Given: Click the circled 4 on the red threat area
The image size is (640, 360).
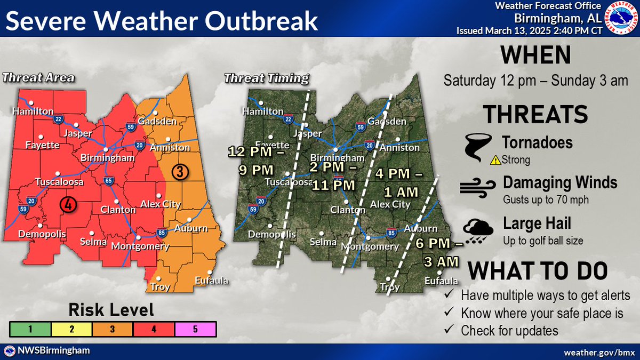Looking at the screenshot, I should (67, 204).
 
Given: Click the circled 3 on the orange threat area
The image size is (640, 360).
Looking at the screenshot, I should (181, 172).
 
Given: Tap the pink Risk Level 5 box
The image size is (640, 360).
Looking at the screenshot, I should (194, 329).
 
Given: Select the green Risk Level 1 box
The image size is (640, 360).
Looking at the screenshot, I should (30, 329).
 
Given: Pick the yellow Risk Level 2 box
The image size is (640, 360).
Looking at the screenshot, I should (71, 329).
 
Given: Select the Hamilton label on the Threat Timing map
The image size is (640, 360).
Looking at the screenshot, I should (262, 111).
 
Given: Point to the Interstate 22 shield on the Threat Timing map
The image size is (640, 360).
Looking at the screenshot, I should (288, 118).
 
